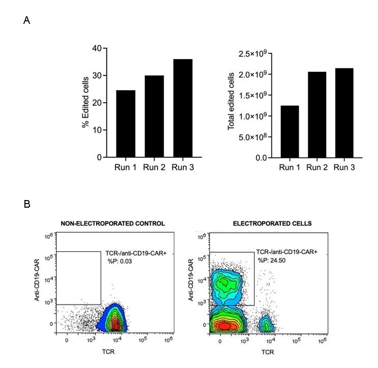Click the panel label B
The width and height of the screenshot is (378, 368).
coord(26,204)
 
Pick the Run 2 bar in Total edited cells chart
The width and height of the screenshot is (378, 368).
coord(316,115)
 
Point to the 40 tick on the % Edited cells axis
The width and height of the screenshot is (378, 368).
coord(96,48)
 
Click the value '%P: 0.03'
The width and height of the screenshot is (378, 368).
coord(119,261)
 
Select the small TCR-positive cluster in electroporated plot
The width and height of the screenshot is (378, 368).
coord(266,323)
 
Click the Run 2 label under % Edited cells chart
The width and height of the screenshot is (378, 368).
coord(154,166)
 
